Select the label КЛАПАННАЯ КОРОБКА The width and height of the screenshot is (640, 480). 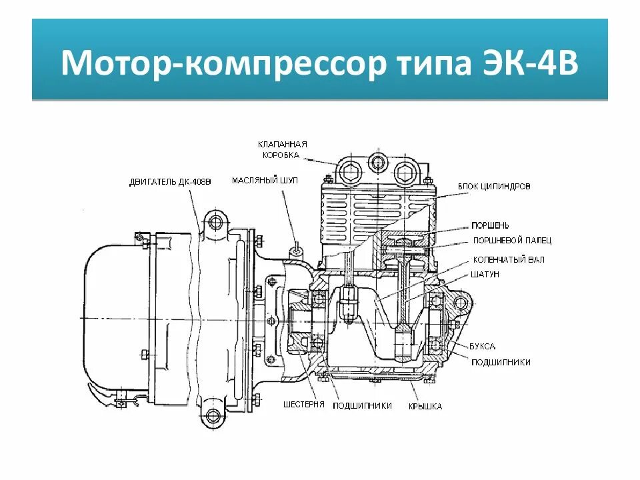coord(283,150)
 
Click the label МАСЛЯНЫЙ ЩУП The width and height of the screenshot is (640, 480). coord(265,181)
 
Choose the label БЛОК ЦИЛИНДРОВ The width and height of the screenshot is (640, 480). coord(494,187)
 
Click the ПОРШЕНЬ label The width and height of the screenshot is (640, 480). coord(491,225)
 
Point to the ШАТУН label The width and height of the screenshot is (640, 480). coord(486,275)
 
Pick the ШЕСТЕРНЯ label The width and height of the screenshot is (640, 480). coord(303,405)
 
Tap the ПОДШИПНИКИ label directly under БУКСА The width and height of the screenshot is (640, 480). coord(501,362)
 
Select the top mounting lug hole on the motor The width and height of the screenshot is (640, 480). coord(213,221)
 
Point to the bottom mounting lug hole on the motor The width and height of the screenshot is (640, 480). coord(213,417)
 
